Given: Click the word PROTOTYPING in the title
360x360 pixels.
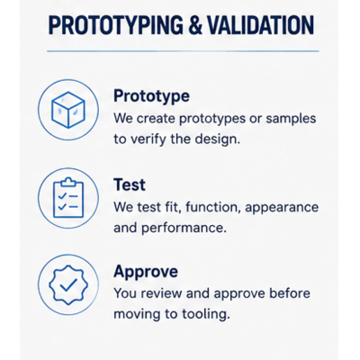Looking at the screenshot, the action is pyautogui.click(x=115, y=24).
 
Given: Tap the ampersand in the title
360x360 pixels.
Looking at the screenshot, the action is pyautogui.click(x=194, y=25).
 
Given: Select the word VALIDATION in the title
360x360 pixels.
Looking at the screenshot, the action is pyautogui.click(x=260, y=24).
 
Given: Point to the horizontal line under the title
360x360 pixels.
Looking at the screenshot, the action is pyautogui.click(x=183, y=51).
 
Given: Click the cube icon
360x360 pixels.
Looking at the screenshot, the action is pyautogui.click(x=68, y=110).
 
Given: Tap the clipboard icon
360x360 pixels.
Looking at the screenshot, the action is pyautogui.click(x=68, y=198).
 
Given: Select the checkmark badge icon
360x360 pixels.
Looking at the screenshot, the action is pyautogui.click(x=68, y=285).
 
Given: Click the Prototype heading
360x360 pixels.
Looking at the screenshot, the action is pyautogui.click(x=151, y=96).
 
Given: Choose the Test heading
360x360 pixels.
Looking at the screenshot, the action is pyautogui.click(x=130, y=184).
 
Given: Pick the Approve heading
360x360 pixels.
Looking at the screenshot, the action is pyautogui.click(x=146, y=272).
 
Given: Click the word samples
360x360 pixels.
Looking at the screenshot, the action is pyautogui.click(x=291, y=119).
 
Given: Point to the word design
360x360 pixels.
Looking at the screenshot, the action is pyautogui.click(x=218, y=139).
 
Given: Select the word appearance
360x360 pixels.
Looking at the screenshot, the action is pyautogui.click(x=282, y=208).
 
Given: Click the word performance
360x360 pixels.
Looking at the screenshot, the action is pyautogui.click(x=184, y=229).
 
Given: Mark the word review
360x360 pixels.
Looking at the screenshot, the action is pyautogui.click(x=161, y=293).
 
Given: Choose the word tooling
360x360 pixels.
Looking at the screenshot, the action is pyautogui.click(x=206, y=314).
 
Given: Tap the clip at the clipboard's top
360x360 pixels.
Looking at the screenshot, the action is pyautogui.click(x=68, y=182).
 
